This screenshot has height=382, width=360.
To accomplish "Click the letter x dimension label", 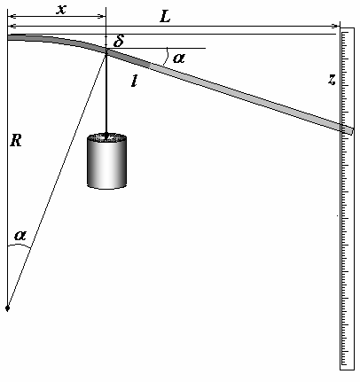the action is click(61, 10).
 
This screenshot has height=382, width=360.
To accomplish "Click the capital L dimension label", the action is click(166, 17).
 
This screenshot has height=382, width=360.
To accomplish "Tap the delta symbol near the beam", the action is click(119, 41).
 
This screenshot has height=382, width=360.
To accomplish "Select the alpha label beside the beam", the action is click(179, 58).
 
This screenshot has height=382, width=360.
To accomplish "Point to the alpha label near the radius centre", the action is click(20, 236).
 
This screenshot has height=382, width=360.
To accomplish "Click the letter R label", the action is click(16, 140).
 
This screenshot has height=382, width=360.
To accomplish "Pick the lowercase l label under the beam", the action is click(135, 81).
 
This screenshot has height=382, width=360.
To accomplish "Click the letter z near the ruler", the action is click(333, 79).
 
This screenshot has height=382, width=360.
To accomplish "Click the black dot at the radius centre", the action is click(8, 308).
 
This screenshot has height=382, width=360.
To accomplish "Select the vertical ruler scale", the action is click(347, 199).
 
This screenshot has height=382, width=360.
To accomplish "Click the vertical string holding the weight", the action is click(106, 93).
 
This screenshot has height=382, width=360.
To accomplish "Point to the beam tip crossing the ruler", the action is click(347, 129).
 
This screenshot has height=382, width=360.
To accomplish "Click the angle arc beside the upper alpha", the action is click(167, 56).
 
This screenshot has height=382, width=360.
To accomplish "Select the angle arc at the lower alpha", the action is click(19, 246).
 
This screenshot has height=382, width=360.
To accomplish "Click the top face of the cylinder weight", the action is click(107, 137).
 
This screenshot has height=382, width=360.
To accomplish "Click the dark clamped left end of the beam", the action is click(15, 37).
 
